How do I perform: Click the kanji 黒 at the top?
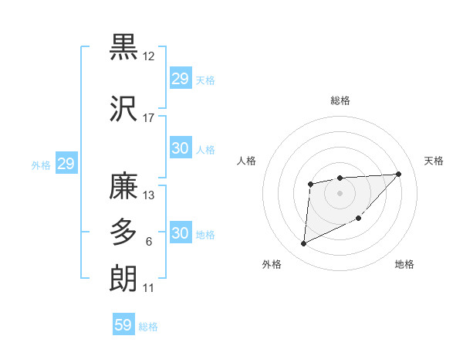point(123,48)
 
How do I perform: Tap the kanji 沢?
point(123,110)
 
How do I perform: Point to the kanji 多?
point(123,232)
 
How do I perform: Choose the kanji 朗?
point(123,277)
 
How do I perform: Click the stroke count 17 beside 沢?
point(148,119)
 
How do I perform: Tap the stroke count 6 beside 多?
point(148,242)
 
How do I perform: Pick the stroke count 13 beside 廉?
point(148,195)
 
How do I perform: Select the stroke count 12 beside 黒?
point(148,57)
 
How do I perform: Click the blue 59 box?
point(123,325)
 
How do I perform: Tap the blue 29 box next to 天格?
point(180,79)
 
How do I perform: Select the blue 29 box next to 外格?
point(66,164)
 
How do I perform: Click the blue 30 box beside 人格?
point(180,149)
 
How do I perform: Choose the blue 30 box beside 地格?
point(180,233)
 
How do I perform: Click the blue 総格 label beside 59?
point(148,327)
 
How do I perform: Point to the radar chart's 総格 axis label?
point(340,100)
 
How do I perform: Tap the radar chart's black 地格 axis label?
point(404,264)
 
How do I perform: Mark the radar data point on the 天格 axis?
point(398,174)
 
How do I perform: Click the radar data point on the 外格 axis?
point(303,244)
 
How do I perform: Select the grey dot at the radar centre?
point(340,192)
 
